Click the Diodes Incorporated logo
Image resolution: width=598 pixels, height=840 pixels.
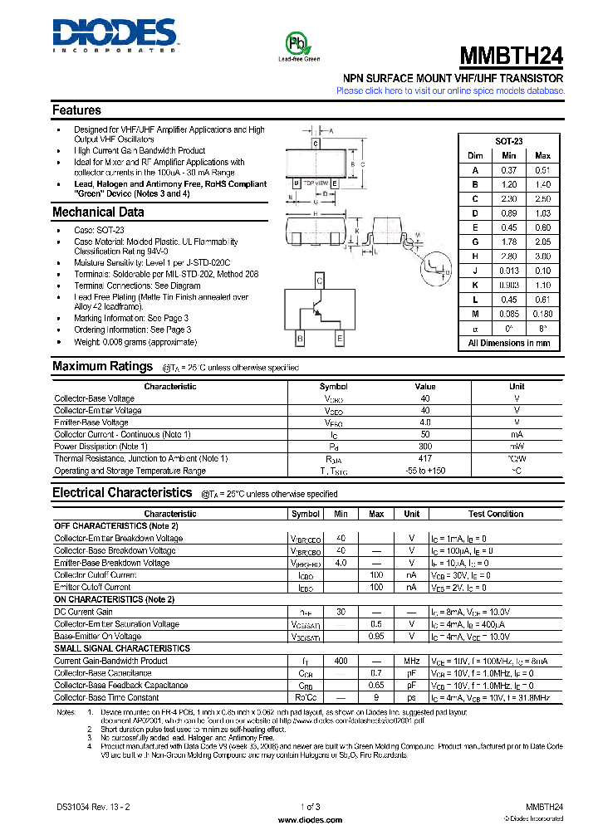[115, 36]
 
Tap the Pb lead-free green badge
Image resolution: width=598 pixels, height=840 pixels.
[298, 45]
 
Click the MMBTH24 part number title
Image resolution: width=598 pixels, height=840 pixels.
[512, 56]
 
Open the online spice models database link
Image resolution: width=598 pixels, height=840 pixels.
[449, 90]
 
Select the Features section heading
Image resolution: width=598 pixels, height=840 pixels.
[76, 110]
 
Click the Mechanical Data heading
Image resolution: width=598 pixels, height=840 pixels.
[98, 212]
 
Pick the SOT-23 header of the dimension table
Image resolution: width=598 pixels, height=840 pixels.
[508, 142]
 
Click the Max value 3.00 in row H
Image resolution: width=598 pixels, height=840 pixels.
[542, 257]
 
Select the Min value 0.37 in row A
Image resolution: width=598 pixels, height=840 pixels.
[509, 169]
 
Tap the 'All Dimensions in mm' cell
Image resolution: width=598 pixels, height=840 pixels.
[508, 343]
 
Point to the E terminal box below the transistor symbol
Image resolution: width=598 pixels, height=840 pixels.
[339, 339]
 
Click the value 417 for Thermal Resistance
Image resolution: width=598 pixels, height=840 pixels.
[424, 458]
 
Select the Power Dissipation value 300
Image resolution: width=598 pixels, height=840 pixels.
[424, 447]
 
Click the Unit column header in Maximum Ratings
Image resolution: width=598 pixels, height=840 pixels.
[517, 386]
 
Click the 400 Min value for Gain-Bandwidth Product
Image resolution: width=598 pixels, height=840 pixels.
[341, 661]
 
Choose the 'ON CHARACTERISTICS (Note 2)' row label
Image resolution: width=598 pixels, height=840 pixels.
[115, 599]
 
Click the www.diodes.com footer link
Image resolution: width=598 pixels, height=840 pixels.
[308, 819]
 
